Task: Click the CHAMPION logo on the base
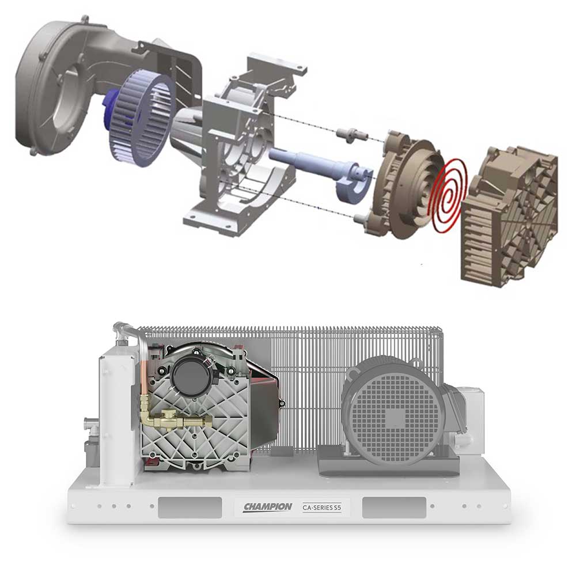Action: tap(267, 507)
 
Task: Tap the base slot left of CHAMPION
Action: tap(190, 507)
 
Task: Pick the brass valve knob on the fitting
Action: tap(167, 414)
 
